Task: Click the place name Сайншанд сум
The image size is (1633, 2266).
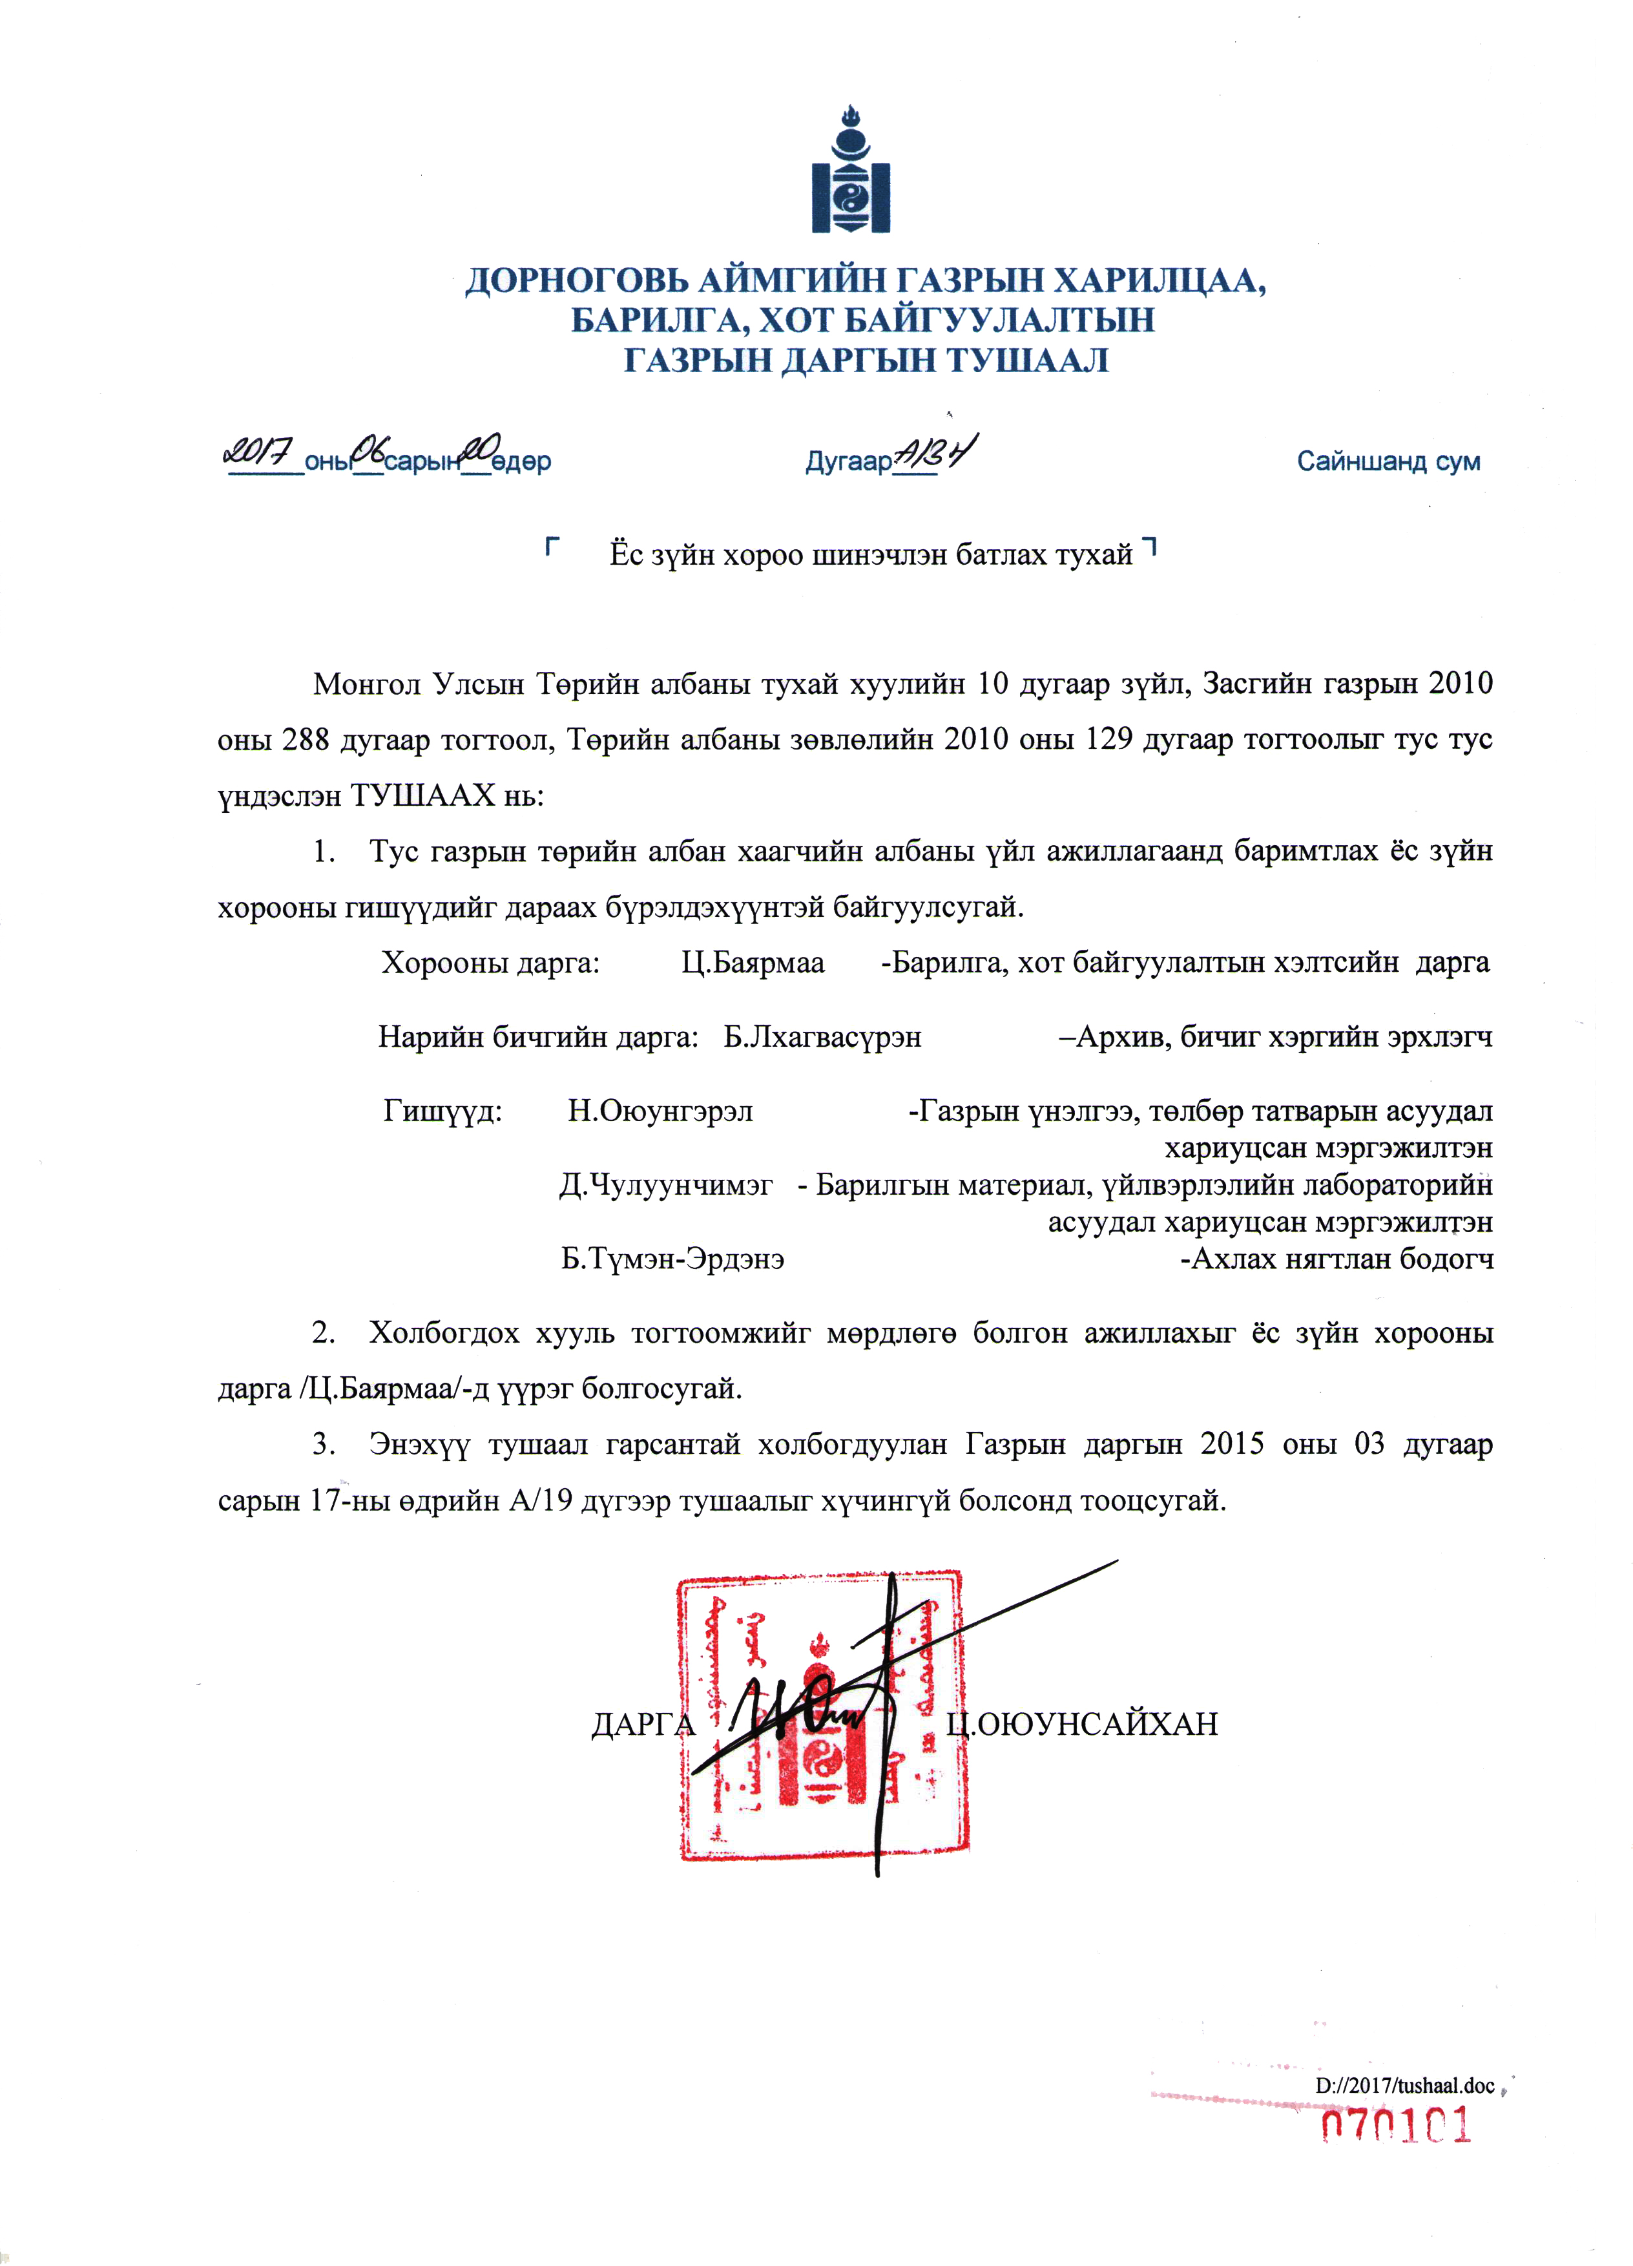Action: point(1388,461)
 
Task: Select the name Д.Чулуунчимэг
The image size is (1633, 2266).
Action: point(665,1185)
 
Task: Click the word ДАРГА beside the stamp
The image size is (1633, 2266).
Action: point(642,1725)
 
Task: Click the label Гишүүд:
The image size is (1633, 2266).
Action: point(442,1110)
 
